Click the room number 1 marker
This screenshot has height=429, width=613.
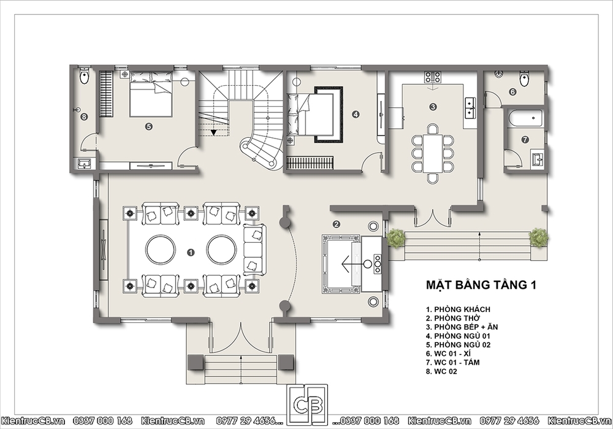click(x=191, y=252)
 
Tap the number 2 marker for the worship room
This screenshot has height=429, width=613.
click(x=336, y=224)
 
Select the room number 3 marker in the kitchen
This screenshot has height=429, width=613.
click(x=433, y=106)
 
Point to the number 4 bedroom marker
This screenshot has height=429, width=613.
click(x=356, y=115)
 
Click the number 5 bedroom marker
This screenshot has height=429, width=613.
click(x=148, y=126)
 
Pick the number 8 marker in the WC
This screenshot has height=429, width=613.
click(x=83, y=116)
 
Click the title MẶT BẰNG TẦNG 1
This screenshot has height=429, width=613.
click(x=481, y=285)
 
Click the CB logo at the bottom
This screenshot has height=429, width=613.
click(x=307, y=404)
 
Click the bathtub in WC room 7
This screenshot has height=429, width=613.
click(x=525, y=118)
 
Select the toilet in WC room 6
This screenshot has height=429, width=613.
click(x=524, y=78)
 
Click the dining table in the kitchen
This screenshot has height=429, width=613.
click(x=433, y=153)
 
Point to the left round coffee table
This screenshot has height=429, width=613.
click(x=161, y=249)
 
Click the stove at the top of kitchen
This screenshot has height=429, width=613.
click(x=433, y=77)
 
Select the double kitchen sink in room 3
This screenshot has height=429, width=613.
click(x=470, y=107)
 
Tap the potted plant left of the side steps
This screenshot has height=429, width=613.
click(x=396, y=238)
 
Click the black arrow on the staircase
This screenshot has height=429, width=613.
click(x=213, y=132)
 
